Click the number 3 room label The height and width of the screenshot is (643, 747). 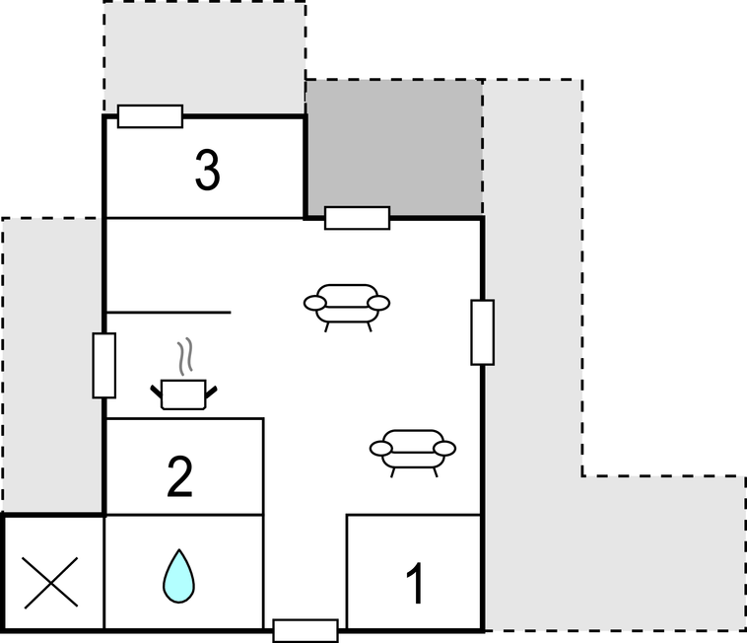pyautogui.click(x=207, y=171)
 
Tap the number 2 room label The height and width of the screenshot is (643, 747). pyautogui.click(x=180, y=476)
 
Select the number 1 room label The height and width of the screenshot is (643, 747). pyautogui.click(x=416, y=583)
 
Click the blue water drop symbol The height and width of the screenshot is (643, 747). pyautogui.click(x=178, y=576)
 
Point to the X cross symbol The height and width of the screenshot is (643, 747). pyautogui.click(x=50, y=583)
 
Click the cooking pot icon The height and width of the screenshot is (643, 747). pyautogui.click(x=183, y=394)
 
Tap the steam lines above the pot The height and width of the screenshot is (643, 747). pyautogui.click(x=185, y=356)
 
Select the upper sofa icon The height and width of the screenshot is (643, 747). pyautogui.click(x=347, y=308)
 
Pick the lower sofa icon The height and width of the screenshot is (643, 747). pyautogui.click(x=413, y=453)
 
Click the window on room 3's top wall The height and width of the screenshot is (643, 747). pyautogui.click(x=150, y=116)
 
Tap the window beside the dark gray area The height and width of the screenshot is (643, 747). pyautogui.click(x=358, y=218)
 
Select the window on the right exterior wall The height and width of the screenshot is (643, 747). pyautogui.click(x=483, y=332)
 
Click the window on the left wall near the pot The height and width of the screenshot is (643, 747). pyautogui.click(x=103, y=365)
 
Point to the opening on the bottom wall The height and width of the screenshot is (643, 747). pyautogui.click(x=306, y=630)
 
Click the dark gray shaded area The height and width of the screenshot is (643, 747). pyautogui.click(x=393, y=148)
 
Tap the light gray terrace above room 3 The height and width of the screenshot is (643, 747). pyautogui.click(x=204, y=57)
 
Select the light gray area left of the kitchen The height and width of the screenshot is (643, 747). pyautogui.click(x=52, y=365)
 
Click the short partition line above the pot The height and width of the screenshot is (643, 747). pyautogui.click(x=169, y=313)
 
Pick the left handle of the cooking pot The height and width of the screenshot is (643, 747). pyautogui.click(x=157, y=393)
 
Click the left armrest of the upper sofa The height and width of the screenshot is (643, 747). pyautogui.click(x=315, y=303)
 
